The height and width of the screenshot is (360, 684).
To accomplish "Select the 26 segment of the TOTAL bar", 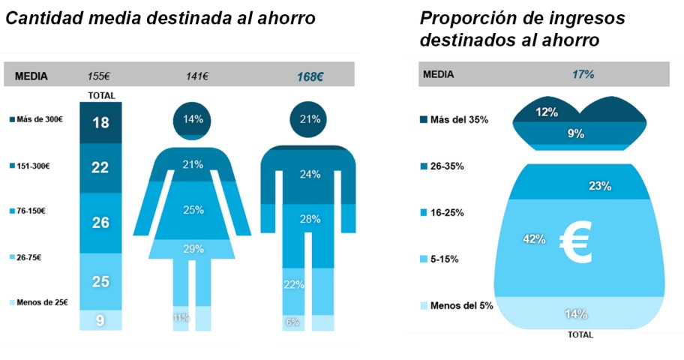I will tap(100, 223).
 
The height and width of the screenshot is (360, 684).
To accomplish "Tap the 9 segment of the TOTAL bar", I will tap(100, 320).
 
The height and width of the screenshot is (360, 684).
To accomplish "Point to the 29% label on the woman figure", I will tap(193, 248).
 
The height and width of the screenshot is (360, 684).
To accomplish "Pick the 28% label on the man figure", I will tap(310, 218).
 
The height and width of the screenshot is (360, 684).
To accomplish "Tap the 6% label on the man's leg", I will tap(292, 322).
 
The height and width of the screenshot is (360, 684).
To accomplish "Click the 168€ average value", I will tap(310, 76).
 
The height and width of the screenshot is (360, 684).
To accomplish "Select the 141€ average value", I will tap(197, 76).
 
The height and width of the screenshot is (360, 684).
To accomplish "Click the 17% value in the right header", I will tap(583, 74).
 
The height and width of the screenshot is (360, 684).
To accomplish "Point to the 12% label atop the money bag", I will tap(547, 112).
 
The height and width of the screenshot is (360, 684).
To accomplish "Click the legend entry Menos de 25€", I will tap(37, 303).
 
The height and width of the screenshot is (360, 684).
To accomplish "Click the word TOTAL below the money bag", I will tap(580, 334).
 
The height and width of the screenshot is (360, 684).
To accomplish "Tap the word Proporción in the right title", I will tap(463, 18).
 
